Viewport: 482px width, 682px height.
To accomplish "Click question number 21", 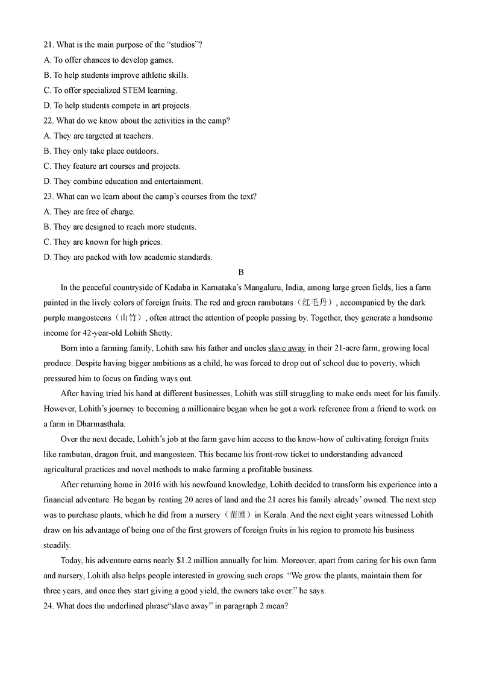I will [x=49, y=45].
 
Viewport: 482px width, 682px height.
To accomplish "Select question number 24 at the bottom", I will [x=49, y=605].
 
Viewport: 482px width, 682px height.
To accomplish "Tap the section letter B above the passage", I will [x=241, y=273].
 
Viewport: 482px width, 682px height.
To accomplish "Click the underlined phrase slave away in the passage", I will [x=287, y=349].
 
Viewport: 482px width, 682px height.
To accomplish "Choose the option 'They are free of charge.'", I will [x=94, y=212].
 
